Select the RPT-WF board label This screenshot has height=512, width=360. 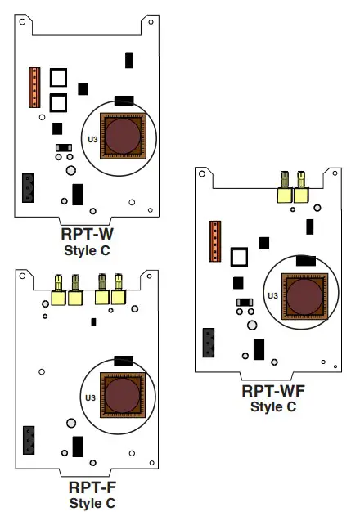pos(272,391)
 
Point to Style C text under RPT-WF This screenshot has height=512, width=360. pos(272,406)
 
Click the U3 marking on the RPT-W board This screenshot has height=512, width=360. pos(92,141)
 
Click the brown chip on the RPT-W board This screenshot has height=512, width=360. pos(124,135)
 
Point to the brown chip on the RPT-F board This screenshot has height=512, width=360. pos(124,394)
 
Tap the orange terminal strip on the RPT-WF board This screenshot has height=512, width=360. pos(215,243)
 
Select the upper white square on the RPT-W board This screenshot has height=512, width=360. pos(58,78)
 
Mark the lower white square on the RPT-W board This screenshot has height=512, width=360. pos(58,102)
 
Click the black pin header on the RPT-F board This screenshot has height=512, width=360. pos(29,439)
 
